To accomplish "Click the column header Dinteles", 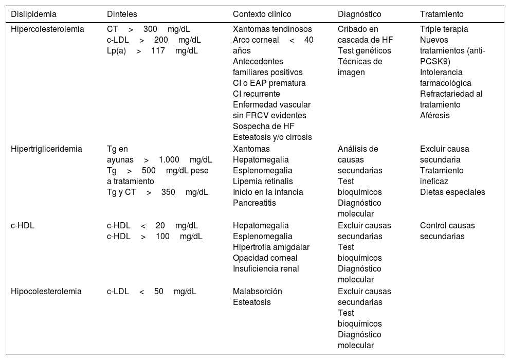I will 121,14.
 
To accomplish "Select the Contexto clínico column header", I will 261,14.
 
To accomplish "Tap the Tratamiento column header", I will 442,14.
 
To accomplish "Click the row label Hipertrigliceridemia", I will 47,149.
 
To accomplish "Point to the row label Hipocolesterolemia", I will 46,291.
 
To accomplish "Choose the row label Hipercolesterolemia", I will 47,29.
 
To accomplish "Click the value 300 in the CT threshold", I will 150,29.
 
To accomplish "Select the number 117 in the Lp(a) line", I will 158,51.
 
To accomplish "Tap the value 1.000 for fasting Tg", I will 169,160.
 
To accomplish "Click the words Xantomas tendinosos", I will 272,29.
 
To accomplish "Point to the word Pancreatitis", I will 254,203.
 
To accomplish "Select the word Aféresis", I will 434,116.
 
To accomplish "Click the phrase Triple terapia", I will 444,29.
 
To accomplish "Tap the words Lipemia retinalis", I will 263,182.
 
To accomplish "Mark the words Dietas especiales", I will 452,192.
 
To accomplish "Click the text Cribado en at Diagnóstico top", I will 358,29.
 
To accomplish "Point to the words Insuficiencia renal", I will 266,268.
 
